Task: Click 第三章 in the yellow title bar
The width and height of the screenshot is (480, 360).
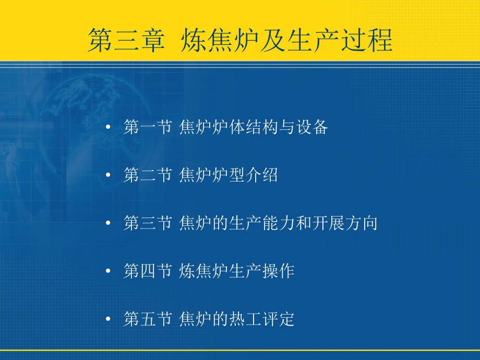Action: coord(126,40)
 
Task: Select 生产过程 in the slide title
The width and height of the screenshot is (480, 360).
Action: coord(340,40)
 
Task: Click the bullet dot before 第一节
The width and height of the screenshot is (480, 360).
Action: coord(108,127)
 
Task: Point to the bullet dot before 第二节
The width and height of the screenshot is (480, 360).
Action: coord(108,175)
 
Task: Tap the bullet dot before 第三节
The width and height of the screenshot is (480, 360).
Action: coord(108,223)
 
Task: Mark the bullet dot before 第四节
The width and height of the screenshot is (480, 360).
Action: coord(108,271)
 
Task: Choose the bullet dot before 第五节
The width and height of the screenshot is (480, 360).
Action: coord(108,319)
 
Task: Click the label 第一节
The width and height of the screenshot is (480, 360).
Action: coord(148,127)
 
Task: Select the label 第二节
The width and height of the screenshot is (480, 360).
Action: coord(148,175)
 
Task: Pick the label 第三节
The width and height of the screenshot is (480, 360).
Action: coord(148,223)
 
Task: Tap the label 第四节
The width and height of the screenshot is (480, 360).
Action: coord(148,271)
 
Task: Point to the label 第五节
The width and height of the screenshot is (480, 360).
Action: coord(148,319)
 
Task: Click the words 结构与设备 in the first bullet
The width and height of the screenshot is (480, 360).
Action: coord(287,127)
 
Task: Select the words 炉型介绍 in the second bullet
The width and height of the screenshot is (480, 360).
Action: coord(245,175)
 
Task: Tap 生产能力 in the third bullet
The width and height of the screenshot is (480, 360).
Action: coord(262,223)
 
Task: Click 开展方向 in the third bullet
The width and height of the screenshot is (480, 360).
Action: coord(345,223)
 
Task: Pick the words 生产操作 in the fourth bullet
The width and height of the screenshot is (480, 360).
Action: coord(262,271)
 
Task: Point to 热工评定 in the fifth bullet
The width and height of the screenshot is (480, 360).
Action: coord(262,319)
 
